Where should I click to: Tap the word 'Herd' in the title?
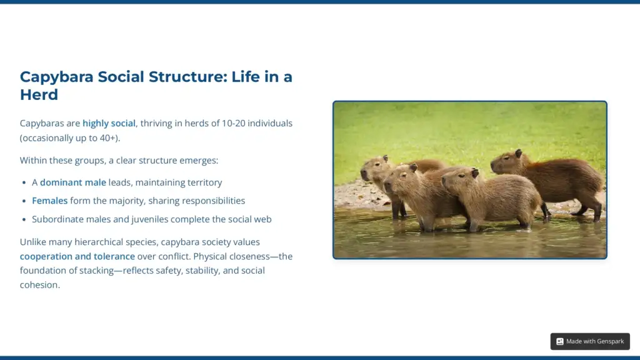point(39,95)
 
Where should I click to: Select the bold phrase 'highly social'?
point(109,124)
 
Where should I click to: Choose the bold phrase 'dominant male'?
point(72,182)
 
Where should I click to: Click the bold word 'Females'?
point(49,201)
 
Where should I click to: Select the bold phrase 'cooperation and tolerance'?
point(77,256)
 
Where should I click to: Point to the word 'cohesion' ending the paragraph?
point(39,285)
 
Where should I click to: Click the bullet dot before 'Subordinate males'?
point(25,219)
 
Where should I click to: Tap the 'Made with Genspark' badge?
point(590,341)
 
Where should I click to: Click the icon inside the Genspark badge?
point(560,341)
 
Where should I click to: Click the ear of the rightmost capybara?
point(518,153)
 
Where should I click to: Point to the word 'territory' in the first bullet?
point(204,182)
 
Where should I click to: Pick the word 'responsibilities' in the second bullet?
point(212,201)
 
